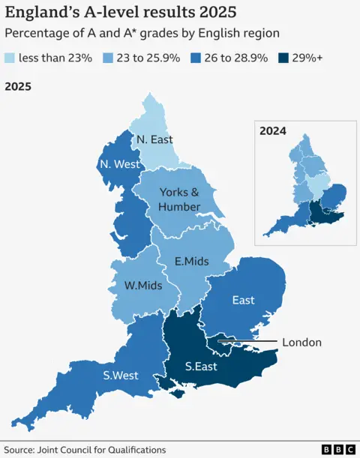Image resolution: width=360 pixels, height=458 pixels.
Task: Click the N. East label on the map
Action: (154, 139)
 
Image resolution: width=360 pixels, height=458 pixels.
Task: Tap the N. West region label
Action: (118, 164)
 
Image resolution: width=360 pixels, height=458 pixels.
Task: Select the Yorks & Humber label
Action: (179, 199)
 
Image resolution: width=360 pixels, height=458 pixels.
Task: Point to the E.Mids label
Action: (191, 262)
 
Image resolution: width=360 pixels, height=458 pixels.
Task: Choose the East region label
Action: (243, 300)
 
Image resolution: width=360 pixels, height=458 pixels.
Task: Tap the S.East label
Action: (202, 367)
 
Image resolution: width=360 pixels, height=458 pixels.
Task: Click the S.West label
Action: (120, 375)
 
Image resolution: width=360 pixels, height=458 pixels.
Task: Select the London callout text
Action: (301, 343)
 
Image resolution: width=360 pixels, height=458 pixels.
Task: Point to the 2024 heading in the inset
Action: (273, 130)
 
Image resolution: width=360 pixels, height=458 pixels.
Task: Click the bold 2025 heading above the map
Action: (19, 86)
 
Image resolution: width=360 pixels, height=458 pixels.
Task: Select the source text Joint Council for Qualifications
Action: (104, 449)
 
